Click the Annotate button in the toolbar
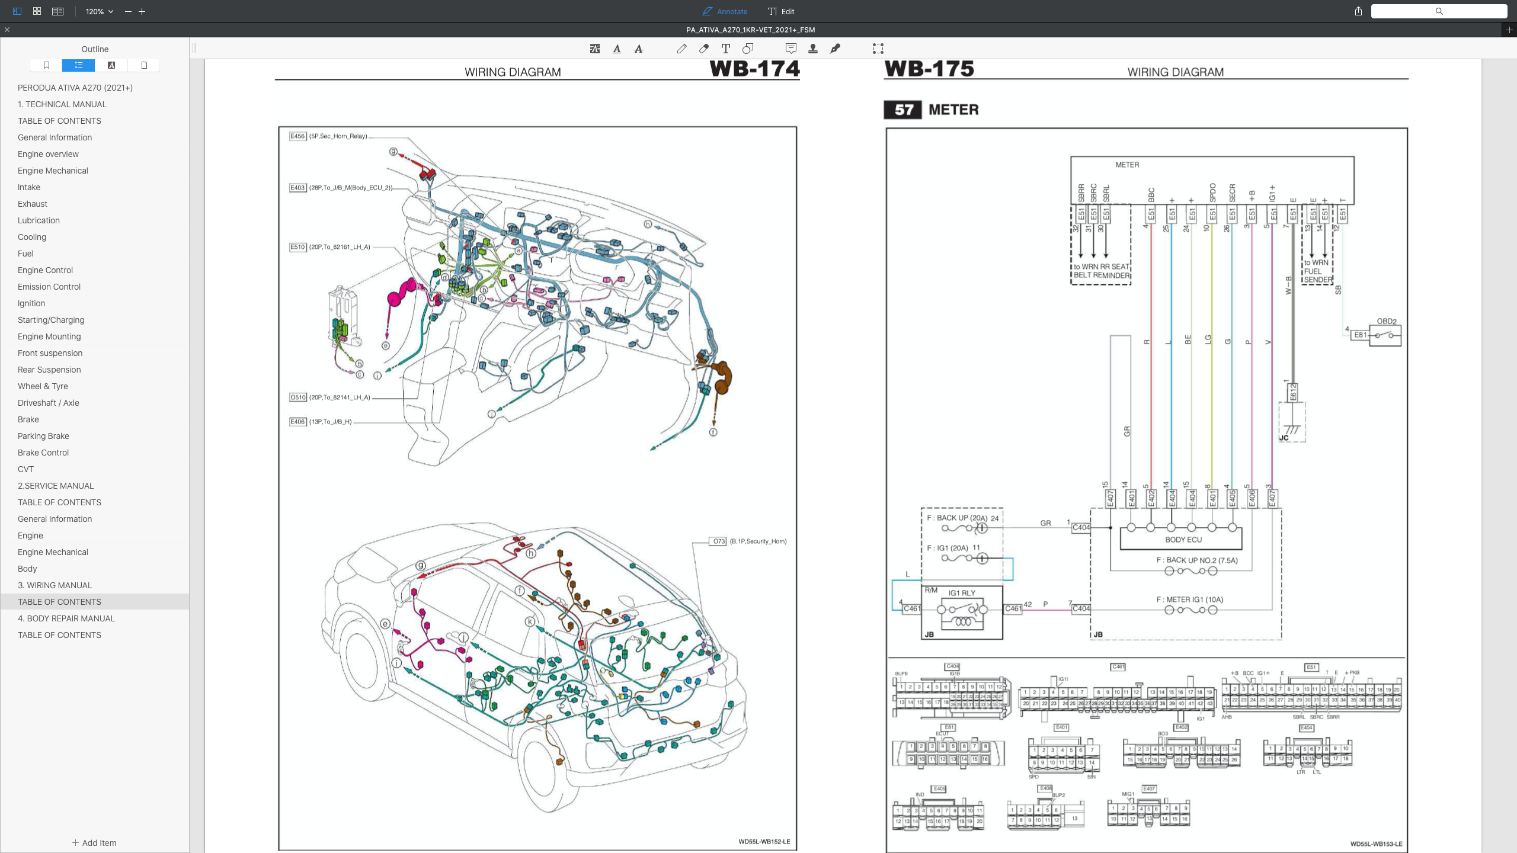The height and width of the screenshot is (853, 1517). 725,11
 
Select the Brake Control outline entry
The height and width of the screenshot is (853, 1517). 43,453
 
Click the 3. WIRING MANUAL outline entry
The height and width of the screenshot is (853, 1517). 55,585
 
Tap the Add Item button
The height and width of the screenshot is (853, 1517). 94,843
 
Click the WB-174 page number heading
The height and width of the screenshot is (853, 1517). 754,69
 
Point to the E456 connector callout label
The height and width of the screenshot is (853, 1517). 297,136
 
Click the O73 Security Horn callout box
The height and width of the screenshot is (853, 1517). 718,541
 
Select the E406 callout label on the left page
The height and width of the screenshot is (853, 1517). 297,422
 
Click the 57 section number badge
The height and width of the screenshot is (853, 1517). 902,110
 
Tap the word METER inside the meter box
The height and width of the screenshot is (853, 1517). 1126,165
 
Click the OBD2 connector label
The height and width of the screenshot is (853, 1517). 1386,321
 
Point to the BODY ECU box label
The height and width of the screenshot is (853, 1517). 1183,540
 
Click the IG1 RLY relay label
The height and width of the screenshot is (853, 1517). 961,593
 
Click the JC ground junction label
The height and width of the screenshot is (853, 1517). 1284,438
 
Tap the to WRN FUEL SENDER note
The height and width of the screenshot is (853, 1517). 1317,271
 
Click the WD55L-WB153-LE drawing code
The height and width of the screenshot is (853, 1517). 1376,844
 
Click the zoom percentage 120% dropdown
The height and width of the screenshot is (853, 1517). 99,11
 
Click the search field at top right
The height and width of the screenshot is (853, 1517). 1438,11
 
